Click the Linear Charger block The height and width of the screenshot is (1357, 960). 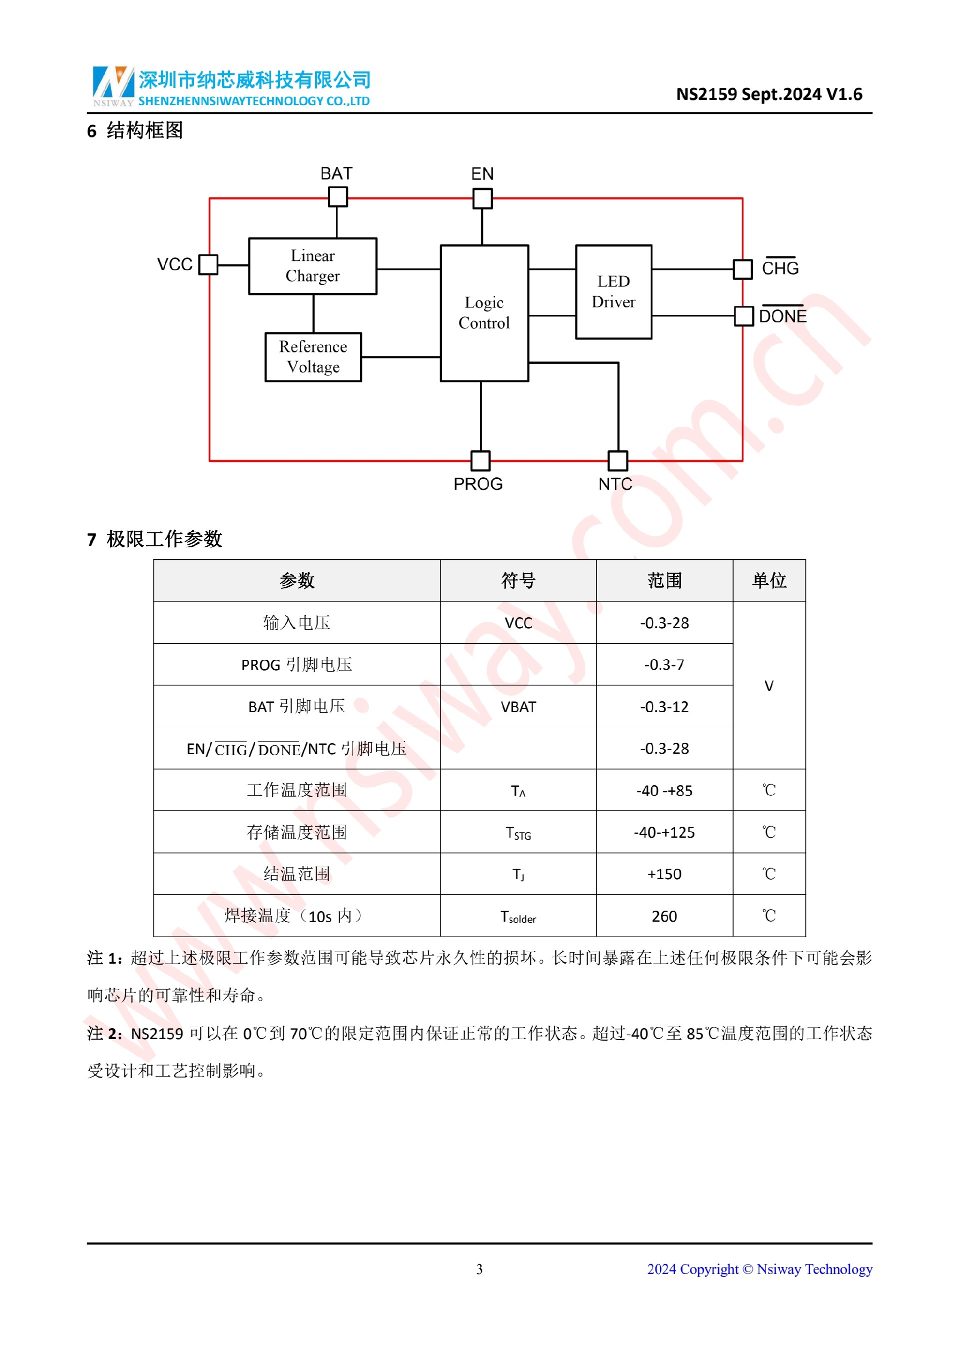click(x=312, y=266)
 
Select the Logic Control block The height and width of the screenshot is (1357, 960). click(x=484, y=313)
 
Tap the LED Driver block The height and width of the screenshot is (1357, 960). click(x=613, y=291)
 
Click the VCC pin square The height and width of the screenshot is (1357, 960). click(x=208, y=264)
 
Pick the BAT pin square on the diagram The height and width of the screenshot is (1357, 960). click(x=337, y=197)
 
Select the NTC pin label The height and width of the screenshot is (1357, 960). click(x=615, y=484)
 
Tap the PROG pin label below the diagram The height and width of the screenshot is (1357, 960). click(x=477, y=484)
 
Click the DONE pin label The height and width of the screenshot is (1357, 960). click(x=782, y=316)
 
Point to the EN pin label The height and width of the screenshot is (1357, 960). click(x=482, y=174)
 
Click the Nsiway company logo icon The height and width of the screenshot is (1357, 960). click(x=113, y=84)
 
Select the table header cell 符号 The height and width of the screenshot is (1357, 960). click(x=518, y=580)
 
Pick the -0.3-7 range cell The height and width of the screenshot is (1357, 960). click(x=664, y=664)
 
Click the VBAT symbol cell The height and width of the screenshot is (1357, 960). click(x=518, y=706)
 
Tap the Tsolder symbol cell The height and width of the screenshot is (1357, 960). click(x=518, y=916)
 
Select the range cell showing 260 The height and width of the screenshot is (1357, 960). click(x=664, y=916)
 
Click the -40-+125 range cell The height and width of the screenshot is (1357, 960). click(x=664, y=832)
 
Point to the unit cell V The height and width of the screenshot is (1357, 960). click(x=768, y=686)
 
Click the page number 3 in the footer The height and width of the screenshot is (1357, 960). click(x=479, y=1269)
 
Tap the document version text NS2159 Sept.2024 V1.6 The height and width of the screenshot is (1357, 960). click(x=768, y=94)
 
